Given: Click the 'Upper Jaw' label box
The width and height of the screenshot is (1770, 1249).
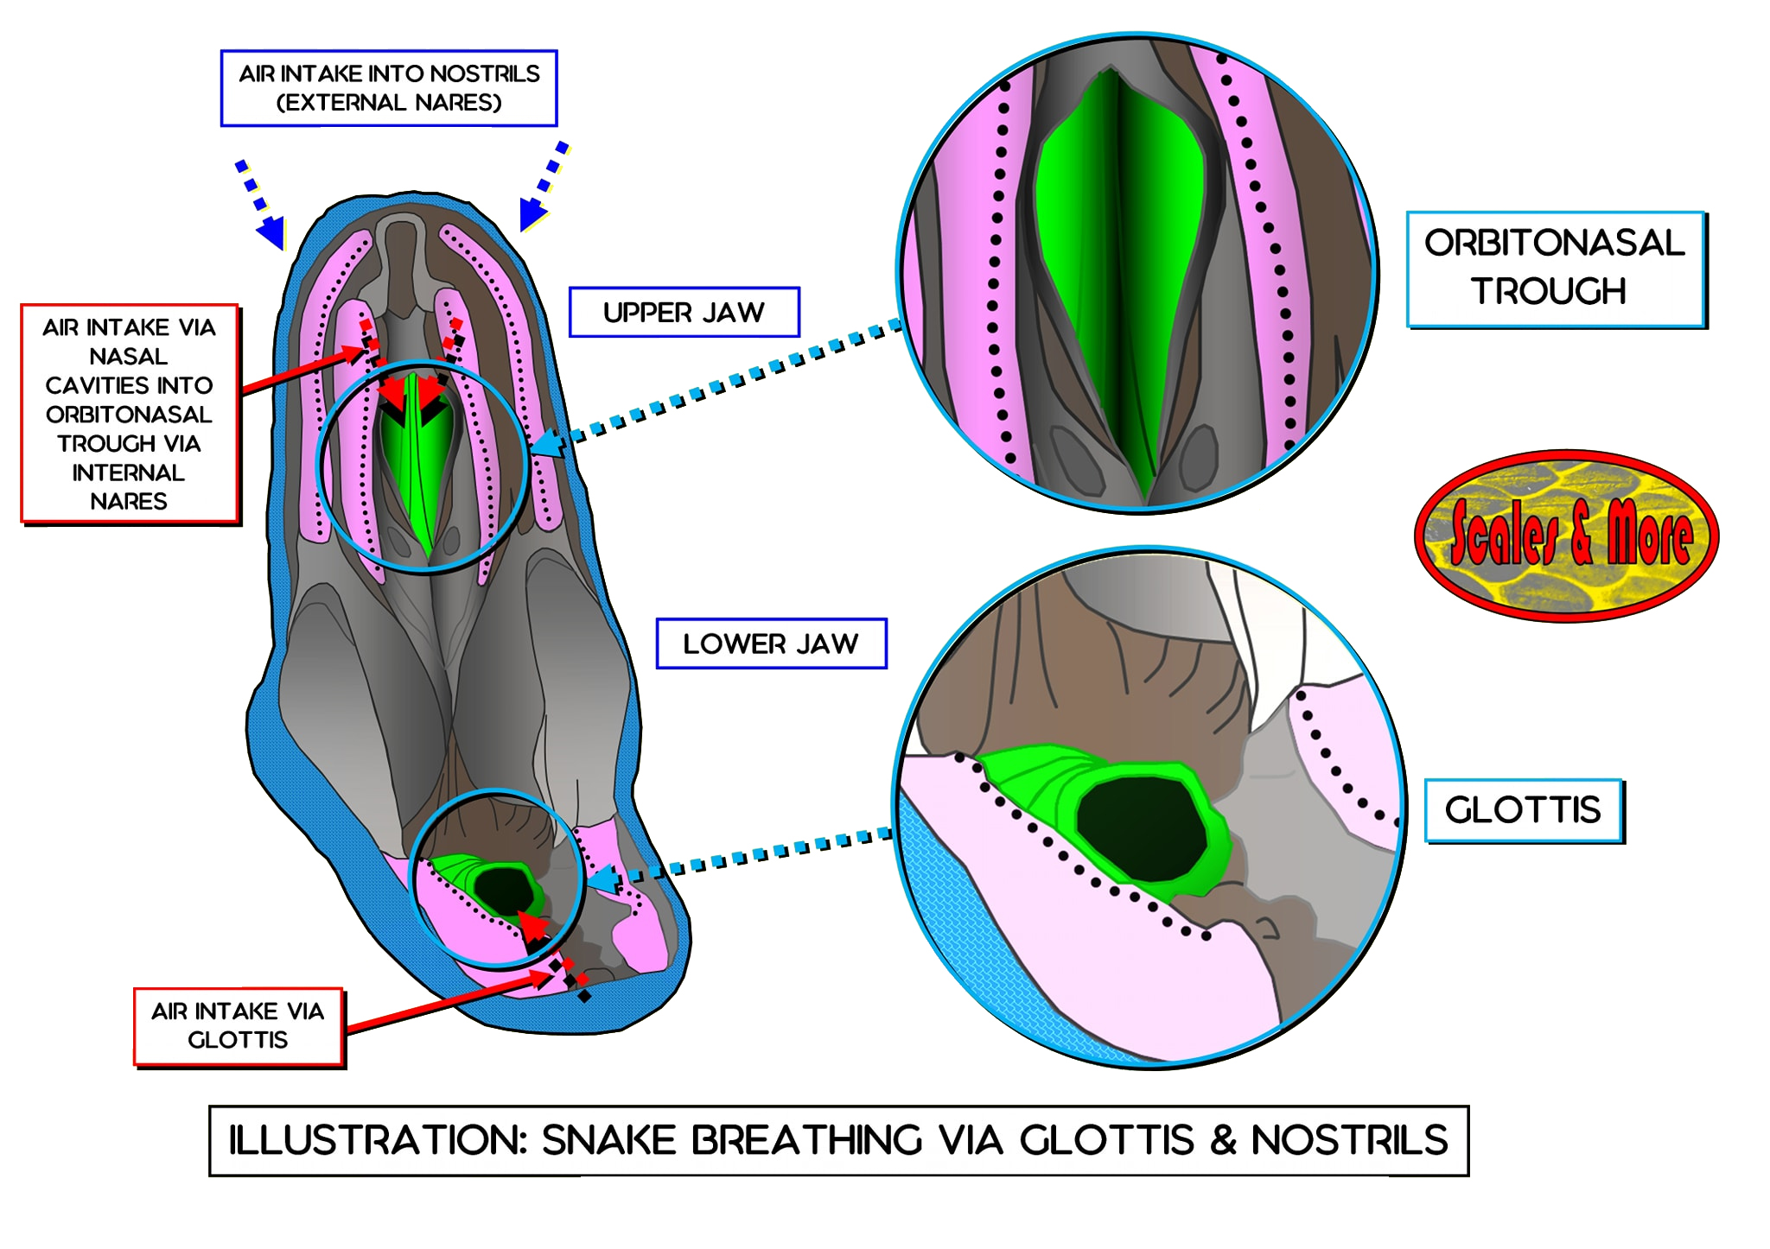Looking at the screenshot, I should click(684, 312).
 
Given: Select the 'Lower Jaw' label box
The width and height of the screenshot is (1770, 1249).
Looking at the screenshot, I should click(771, 644).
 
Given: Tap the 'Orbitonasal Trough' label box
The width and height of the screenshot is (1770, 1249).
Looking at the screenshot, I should click(1555, 269).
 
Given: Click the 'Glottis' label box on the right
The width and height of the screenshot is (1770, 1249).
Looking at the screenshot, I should click(1523, 810).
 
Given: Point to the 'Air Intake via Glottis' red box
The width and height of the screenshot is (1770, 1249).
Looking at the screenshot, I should click(238, 1026).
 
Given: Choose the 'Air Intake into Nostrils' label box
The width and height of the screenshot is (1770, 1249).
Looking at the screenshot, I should click(389, 88).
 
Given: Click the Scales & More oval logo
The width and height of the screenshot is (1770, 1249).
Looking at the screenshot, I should click(1567, 536).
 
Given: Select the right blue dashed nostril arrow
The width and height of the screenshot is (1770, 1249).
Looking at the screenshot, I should click(544, 187).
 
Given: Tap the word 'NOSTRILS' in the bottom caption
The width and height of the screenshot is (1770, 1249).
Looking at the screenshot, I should click(1349, 1140).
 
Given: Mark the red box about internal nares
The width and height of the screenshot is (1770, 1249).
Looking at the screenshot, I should click(129, 414).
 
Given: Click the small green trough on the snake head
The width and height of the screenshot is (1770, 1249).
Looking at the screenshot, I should click(418, 458).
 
